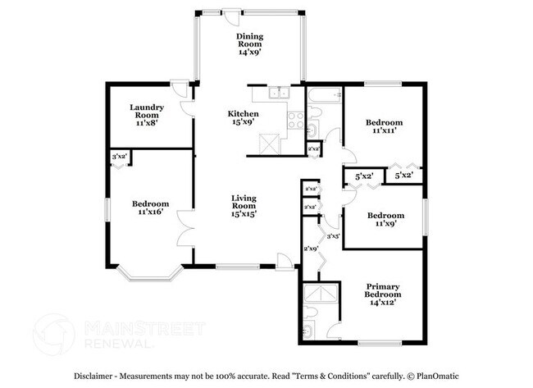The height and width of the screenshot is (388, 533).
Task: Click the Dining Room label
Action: coord(248,44)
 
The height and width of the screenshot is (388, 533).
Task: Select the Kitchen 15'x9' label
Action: coord(243,118)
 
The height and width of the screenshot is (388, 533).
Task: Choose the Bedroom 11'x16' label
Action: coord(150,208)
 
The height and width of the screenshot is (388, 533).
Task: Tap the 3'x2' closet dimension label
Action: coord(119,156)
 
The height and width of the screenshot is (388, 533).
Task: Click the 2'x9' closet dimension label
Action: coord(311,248)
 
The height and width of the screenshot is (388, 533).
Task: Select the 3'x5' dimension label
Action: coord(334,236)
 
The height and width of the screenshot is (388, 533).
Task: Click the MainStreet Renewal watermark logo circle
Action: coord(53,334)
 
